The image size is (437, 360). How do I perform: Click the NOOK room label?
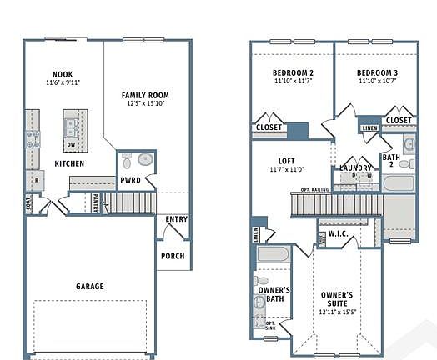(63, 73)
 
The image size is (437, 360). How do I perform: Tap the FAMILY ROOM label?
(145, 95)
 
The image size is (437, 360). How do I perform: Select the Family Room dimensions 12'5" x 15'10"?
(145, 104)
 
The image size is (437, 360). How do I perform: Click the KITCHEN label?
(68, 162)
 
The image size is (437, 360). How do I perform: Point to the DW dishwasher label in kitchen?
(72, 142)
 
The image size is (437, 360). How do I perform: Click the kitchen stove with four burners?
(33, 139)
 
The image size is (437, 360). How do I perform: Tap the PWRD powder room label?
(130, 180)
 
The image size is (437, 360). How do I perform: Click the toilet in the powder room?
(143, 158)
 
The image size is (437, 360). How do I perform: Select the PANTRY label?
(96, 201)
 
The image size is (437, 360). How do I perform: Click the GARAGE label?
(90, 286)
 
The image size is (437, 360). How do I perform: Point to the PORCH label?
(173, 256)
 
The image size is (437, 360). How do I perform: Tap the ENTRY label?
(176, 219)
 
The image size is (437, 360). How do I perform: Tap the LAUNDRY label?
(356, 168)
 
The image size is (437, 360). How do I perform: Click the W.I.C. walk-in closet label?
(338, 234)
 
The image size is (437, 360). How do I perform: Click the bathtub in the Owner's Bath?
(273, 254)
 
